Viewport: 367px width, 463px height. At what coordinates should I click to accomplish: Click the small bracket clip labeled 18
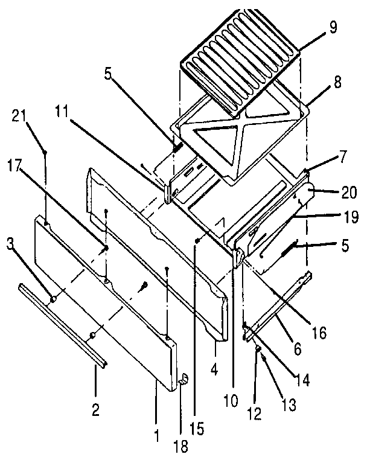[x=185, y=380]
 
